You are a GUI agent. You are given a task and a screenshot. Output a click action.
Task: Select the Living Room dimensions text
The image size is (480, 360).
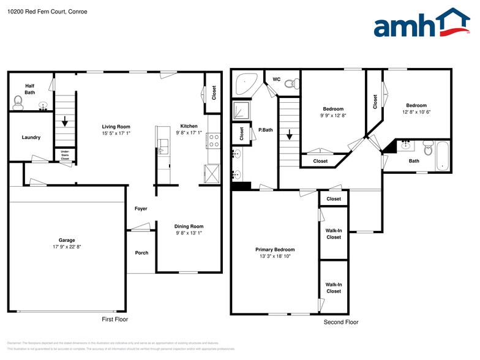(116, 133)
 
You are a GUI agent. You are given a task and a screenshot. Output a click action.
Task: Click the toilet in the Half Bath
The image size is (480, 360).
(18, 102)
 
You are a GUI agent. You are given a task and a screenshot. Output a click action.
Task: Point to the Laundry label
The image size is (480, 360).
(31, 137)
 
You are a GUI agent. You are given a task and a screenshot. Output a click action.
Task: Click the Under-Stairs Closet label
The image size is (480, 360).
(65, 156)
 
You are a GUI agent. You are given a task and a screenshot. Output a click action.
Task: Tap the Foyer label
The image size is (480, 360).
(141, 209)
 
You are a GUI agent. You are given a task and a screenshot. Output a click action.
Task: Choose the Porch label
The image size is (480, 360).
(141, 253)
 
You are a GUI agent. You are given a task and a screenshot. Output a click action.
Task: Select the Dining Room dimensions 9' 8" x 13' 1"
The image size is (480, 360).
(189, 233)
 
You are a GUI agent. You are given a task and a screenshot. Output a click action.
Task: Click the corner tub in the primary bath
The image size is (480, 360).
(246, 84)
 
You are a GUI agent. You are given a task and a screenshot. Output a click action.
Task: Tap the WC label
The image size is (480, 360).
(276, 80)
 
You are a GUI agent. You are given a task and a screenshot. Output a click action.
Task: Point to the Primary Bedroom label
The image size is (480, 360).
(275, 250)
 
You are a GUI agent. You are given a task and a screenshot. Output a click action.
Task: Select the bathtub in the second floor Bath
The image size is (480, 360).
(442, 157)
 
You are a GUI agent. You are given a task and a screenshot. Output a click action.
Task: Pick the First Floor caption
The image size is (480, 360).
(114, 320)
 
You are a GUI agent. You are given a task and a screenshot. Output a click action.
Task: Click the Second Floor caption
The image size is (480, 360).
(341, 322)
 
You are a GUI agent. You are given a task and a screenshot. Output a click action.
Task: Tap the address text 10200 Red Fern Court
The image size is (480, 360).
(38, 10)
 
